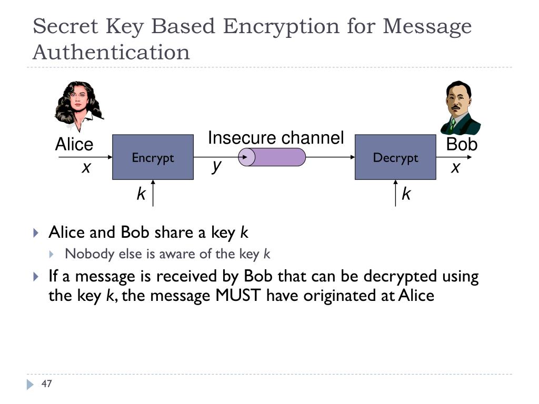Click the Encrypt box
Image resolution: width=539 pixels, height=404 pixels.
pos(153,157)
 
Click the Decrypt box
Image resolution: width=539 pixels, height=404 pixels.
pos(395,157)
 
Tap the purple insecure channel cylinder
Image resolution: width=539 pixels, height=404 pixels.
pos(272,157)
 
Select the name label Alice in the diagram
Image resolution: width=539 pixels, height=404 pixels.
pos(74,145)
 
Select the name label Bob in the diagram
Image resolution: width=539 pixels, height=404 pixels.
pos(462,144)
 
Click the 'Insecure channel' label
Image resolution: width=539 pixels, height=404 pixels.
pos(275,138)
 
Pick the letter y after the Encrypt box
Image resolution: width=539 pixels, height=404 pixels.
pos(216,166)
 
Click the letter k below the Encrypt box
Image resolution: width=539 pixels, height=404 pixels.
pos(141,194)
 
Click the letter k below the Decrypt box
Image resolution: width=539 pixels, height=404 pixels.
pos(406,194)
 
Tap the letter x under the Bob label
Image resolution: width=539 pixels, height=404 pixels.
pos(456,168)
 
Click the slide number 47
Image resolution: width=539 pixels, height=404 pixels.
pos(46,384)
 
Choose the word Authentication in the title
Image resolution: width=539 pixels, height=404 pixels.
pos(111,52)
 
